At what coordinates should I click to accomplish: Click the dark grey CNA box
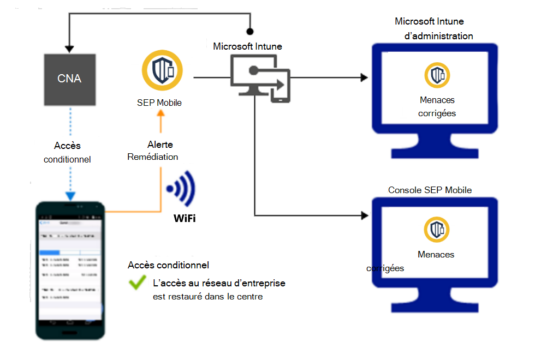coord(69,79)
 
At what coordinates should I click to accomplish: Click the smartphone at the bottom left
coord(70,270)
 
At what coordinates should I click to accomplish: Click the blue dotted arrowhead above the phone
coord(69,196)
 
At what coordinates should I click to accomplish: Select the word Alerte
coord(160,145)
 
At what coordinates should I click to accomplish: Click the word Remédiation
coord(153,157)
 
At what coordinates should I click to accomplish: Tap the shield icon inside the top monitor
coord(437,75)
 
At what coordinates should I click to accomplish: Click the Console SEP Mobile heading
coord(430,190)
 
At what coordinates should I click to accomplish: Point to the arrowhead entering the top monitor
coord(364,77)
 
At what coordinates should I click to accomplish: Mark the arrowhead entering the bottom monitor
coord(364,215)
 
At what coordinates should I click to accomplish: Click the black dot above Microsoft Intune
coord(250,31)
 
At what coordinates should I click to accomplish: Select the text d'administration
coord(438,36)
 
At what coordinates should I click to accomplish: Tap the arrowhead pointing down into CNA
coord(69,49)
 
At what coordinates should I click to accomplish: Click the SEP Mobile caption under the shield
coord(160,103)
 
